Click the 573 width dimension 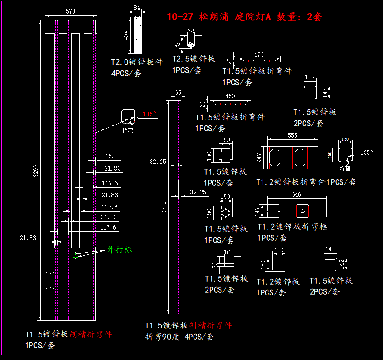coord(70,11)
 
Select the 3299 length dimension coord(37,170)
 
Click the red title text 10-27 coord(180,18)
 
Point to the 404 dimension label coord(126,35)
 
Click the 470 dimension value coord(258,55)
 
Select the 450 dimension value coord(230,96)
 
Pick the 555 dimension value coord(292,135)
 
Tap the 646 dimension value coord(296,195)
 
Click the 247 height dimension coord(259,158)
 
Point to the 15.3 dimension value coord(112,156)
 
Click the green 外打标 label coord(120,249)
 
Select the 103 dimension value coord(229,252)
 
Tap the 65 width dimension coord(178,92)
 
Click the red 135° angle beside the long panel coord(149,114)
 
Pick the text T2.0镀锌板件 coord(137,62)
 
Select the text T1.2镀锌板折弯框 coord(292,226)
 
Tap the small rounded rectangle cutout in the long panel coord(49,280)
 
